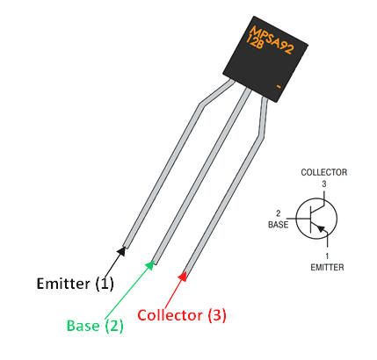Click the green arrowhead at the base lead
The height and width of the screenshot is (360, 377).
[150, 264]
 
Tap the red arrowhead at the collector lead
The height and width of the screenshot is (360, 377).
[183, 277]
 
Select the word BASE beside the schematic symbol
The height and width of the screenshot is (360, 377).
[278, 224]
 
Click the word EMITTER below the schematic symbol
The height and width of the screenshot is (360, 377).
[326, 265]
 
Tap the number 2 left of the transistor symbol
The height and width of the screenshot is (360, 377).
[279, 213]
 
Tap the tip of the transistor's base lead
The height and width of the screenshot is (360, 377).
[155, 260]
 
